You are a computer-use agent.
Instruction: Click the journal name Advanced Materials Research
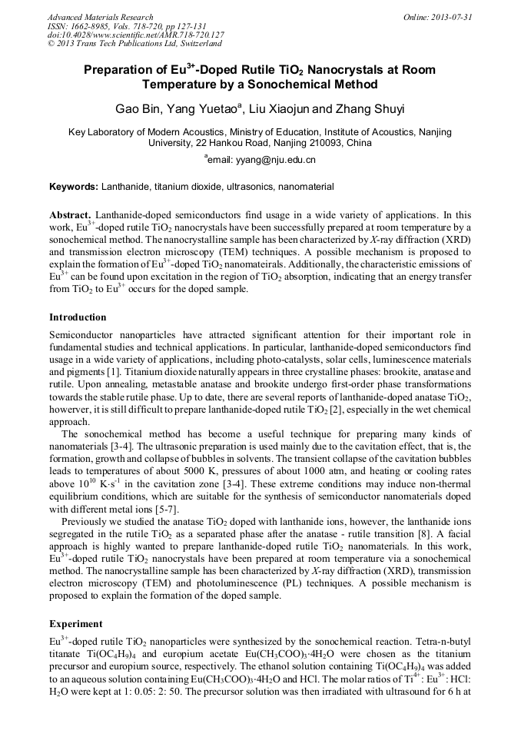[x=100, y=17]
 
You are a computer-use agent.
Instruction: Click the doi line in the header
[x=136, y=35]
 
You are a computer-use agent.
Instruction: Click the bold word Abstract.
[x=71, y=216]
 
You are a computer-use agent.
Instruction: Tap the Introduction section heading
[x=78, y=317]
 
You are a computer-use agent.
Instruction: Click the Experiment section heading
[x=75, y=623]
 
